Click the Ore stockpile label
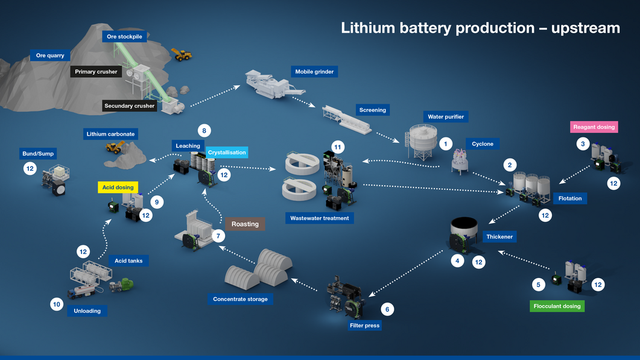pyautogui.click(x=124, y=37)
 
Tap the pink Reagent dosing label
pyautogui.click(x=594, y=127)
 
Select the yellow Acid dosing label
pyautogui.click(x=118, y=188)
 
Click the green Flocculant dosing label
pyautogui.click(x=556, y=306)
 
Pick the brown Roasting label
pyautogui.click(x=245, y=224)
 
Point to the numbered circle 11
pyautogui.click(x=337, y=147)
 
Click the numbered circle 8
pyautogui.click(x=204, y=130)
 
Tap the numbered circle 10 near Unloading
pyautogui.click(x=57, y=305)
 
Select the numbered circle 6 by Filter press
pyautogui.click(x=387, y=309)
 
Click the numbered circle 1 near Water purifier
pyautogui.click(x=445, y=144)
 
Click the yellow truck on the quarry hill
pyautogui.click(x=182, y=54)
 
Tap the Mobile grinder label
pyautogui.click(x=314, y=72)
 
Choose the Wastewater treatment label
pyautogui.click(x=319, y=218)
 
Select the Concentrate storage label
pyautogui.click(x=240, y=299)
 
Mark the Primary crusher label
pyautogui.click(x=96, y=72)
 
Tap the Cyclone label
pyautogui.click(x=483, y=144)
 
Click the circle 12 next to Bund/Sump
pyautogui.click(x=30, y=169)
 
